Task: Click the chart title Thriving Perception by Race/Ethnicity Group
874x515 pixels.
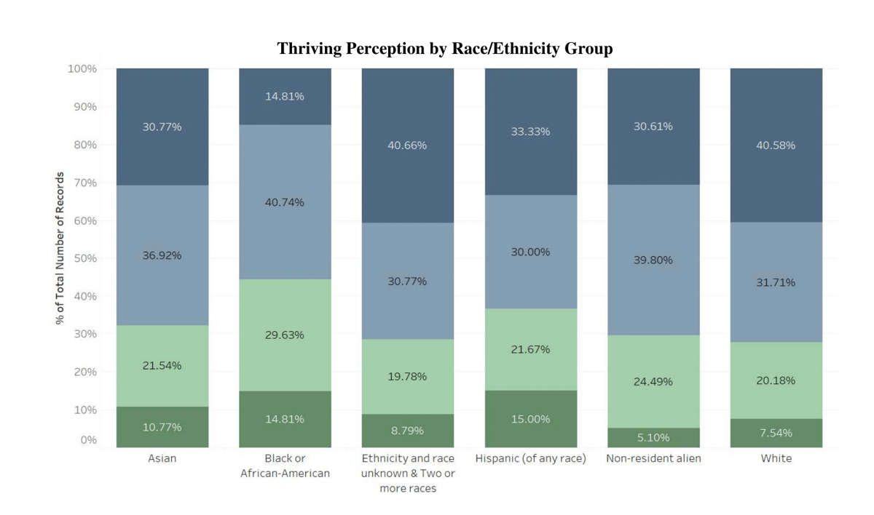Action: coord(444,49)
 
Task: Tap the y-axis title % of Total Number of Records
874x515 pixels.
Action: coord(60,248)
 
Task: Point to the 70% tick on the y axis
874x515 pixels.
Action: coord(82,183)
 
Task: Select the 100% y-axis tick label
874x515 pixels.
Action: coord(82,68)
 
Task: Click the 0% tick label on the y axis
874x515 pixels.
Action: coord(88,439)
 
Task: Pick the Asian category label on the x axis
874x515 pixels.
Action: coord(162,458)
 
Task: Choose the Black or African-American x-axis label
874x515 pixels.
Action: coord(285,466)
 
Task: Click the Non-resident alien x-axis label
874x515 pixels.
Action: coord(653,458)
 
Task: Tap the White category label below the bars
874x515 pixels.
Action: coord(776,458)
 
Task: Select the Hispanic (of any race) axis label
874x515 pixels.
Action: coord(530,458)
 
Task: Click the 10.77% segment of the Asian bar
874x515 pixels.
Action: coord(162,427)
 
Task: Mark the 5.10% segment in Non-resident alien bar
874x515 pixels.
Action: coord(653,437)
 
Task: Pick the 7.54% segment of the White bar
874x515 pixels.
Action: coord(776,433)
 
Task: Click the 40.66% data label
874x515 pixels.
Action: coord(407,145)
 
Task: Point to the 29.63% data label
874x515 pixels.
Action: coord(285,335)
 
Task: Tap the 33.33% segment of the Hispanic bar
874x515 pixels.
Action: coord(530,132)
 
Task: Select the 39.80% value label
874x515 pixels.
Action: coord(653,260)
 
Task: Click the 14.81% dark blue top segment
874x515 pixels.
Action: coord(285,96)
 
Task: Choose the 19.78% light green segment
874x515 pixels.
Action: coord(407,377)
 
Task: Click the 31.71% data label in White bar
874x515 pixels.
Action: coord(776,282)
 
